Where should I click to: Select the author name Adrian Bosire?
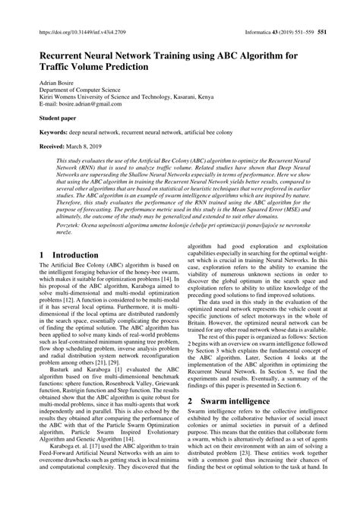click(49, 80)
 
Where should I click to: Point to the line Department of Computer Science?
click(77, 88)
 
